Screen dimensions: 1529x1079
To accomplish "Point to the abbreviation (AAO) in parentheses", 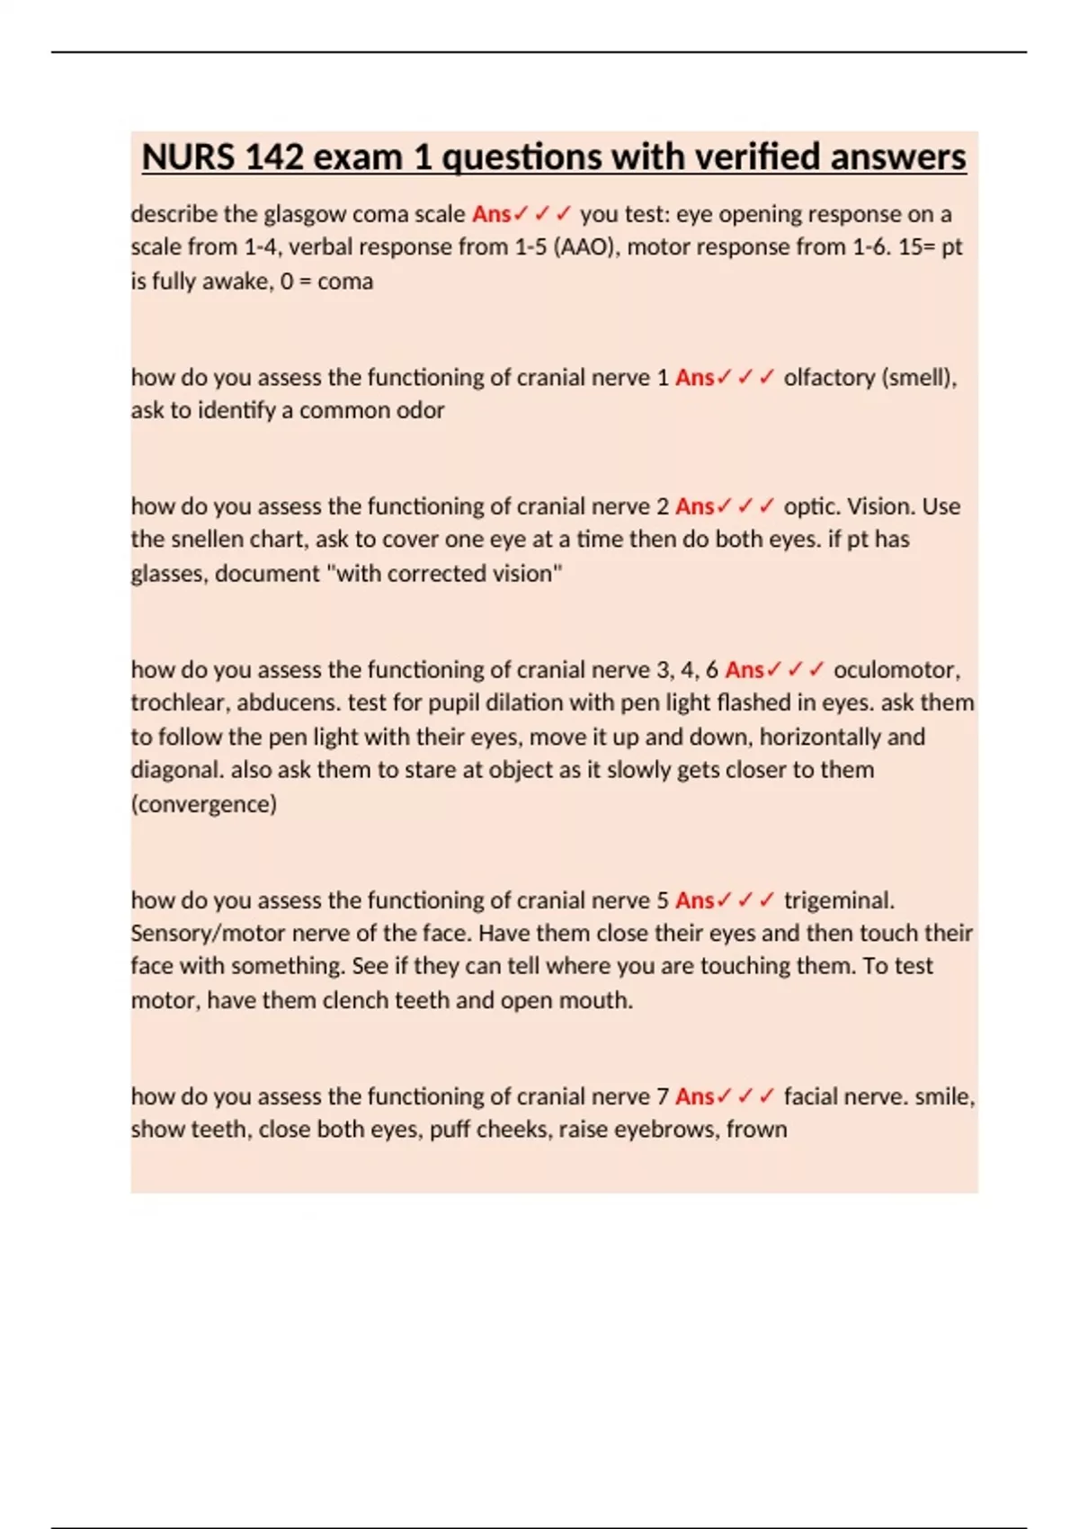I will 587,247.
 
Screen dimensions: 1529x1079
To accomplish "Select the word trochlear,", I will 180,703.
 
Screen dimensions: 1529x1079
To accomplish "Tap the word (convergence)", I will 204,804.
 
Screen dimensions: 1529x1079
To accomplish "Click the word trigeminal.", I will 839,900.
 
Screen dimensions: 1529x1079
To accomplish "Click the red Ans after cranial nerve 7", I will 694,1096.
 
